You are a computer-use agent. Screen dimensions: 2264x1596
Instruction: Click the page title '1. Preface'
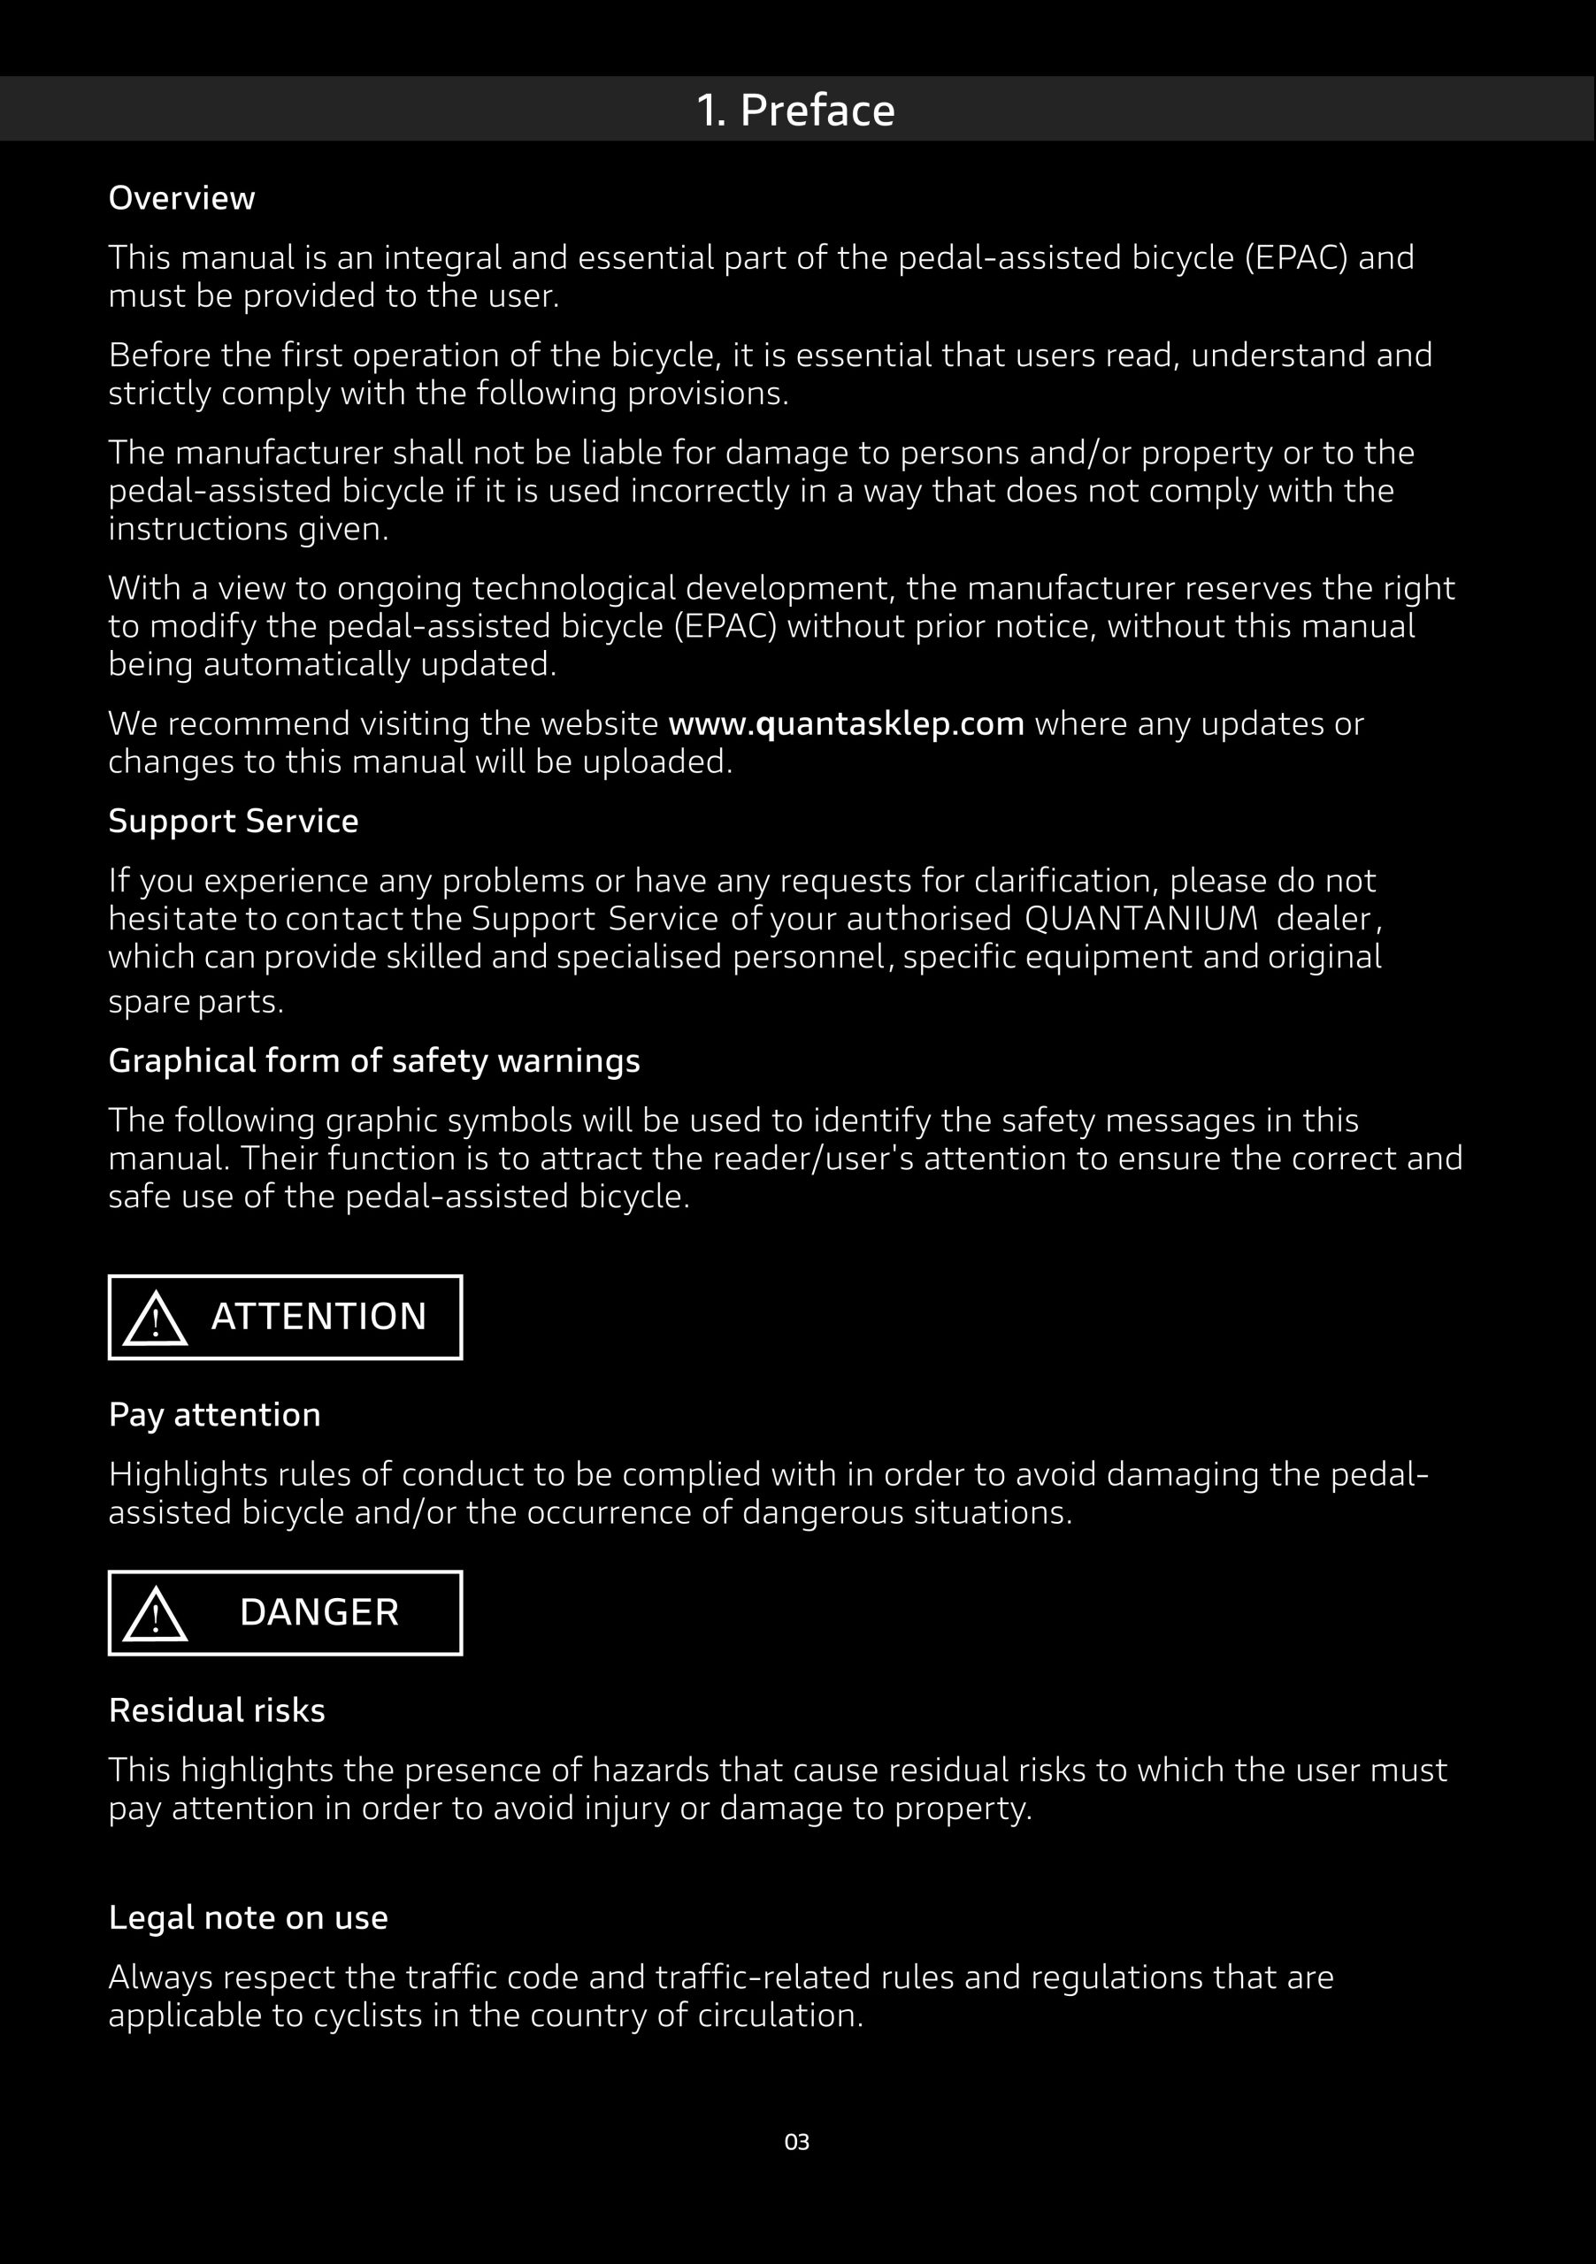click(x=795, y=110)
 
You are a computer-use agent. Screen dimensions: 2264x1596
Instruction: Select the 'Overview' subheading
click(x=181, y=198)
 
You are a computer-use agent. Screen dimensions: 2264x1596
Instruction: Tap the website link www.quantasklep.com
click(x=847, y=723)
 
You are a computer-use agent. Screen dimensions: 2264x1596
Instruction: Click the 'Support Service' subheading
click(x=233, y=822)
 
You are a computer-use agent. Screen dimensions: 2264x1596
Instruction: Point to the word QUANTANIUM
click(x=1140, y=919)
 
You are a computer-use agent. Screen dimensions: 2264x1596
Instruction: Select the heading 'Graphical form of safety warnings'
click(x=374, y=1061)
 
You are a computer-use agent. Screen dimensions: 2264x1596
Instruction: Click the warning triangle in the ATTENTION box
click(x=156, y=1319)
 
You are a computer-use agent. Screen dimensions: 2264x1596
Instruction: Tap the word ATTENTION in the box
click(x=318, y=1318)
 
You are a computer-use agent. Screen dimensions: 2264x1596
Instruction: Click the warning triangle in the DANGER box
click(x=156, y=1614)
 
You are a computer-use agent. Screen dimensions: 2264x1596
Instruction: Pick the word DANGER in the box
click(x=318, y=1613)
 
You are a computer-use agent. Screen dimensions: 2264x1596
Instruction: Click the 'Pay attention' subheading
click(x=214, y=1415)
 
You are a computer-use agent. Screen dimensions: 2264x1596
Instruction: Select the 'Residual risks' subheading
click(x=216, y=1710)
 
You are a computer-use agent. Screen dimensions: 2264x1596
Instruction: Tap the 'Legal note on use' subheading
click(x=248, y=1918)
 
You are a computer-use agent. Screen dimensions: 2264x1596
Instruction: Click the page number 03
click(x=797, y=2142)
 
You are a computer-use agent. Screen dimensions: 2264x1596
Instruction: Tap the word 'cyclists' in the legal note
click(x=367, y=2015)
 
